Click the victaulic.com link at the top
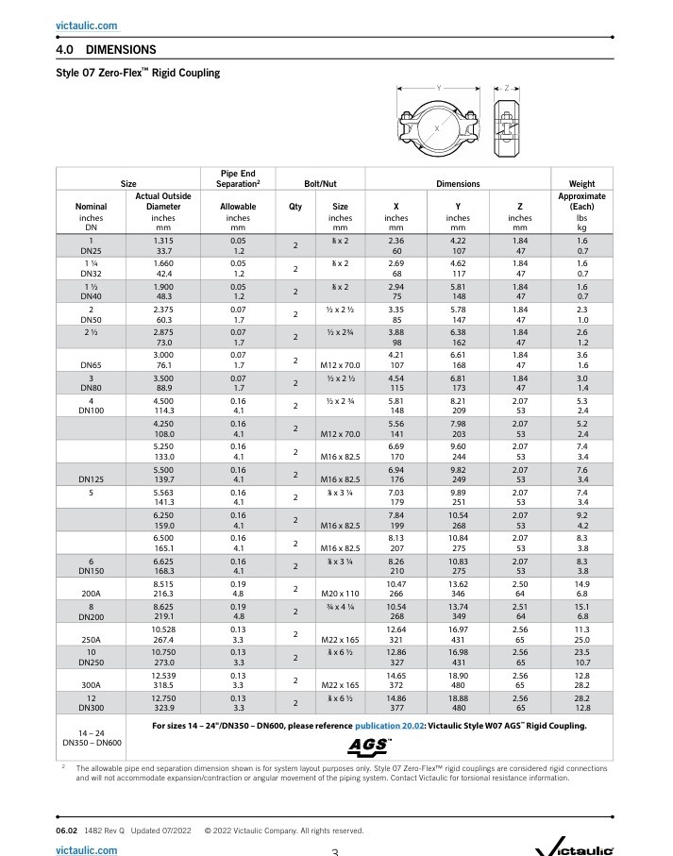pyautogui.click(x=87, y=25)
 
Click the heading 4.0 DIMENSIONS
pyautogui.click(x=107, y=49)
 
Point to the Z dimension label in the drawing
pyautogui.click(x=507, y=88)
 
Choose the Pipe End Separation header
pyautogui.click(x=238, y=178)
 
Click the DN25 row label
pyautogui.click(x=91, y=252)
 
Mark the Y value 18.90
pyautogui.click(x=458, y=675)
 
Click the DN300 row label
pyautogui.click(x=91, y=707)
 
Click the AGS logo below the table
pyautogui.click(x=370, y=745)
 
